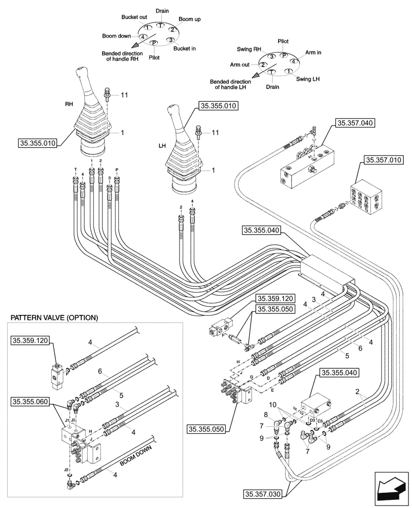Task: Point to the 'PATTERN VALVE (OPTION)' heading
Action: pyautogui.click(x=54, y=318)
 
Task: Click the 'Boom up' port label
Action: pyautogui.click(x=190, y=19)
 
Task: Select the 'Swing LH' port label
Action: pyautogui.click(x=308, y=79)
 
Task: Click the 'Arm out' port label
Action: pyautogui.click(x=239, y=65)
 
